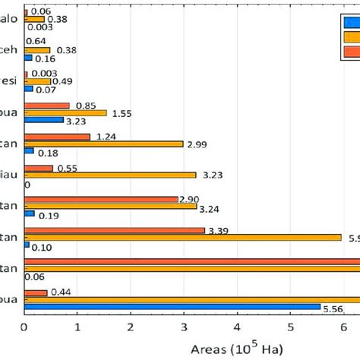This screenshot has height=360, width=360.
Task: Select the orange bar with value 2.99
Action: coord(103,144)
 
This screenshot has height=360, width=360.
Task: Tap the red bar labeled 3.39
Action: coord(114,230)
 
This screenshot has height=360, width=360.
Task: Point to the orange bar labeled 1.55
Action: coord(65,112)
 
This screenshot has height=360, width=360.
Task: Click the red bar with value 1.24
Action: coord(57,137)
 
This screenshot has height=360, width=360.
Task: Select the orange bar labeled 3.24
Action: coord(110,206)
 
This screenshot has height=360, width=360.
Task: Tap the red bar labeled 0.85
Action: coord(46,106)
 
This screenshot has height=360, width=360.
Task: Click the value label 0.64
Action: coord(36,41)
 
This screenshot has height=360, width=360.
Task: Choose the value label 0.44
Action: coord(61,292)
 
